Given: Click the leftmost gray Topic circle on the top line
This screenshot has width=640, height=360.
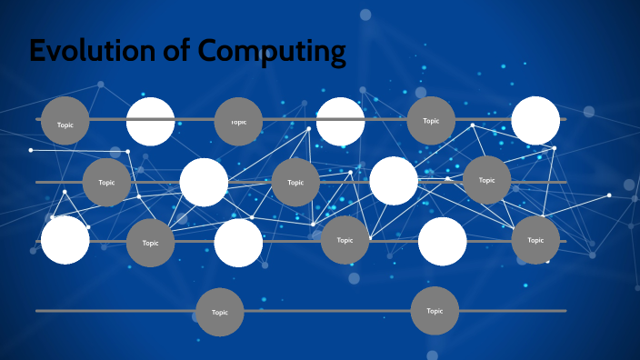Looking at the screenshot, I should click(65, 120).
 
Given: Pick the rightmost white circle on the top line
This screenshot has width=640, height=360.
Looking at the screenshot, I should click(535, 121).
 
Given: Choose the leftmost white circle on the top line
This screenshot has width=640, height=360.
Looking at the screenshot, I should click(150, 121).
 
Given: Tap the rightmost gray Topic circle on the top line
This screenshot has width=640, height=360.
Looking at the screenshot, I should click(431, 120).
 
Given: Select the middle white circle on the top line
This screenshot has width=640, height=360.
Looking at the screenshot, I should click(340, 121).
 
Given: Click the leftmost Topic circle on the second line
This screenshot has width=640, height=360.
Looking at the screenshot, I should click(107, 182).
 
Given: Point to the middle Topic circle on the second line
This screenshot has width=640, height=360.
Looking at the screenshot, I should click(295, 182).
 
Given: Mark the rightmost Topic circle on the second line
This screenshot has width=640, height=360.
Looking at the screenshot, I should click(487, 180).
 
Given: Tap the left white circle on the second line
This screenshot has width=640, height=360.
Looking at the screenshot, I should click(204, 182).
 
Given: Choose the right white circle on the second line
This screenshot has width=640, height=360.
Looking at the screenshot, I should click(394, 181).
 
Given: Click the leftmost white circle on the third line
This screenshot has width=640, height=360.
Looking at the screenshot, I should click(65, 241).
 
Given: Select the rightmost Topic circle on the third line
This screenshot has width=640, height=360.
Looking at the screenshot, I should click(535, 240).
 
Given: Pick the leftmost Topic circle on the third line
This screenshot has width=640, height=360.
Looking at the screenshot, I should click(150, 243).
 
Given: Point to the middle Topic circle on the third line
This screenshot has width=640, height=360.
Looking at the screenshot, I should click(345, 240).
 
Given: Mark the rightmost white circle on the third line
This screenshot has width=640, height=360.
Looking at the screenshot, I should click(443, 241).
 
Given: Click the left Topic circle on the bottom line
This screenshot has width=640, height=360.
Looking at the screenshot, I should click(220, 312).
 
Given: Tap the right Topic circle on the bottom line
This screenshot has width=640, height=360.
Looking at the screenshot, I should click(435, 311).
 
